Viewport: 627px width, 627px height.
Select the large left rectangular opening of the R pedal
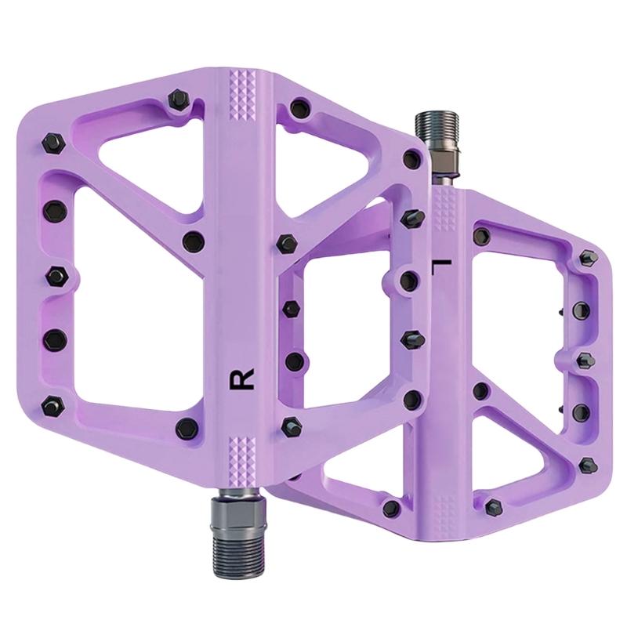tap(138, 296)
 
